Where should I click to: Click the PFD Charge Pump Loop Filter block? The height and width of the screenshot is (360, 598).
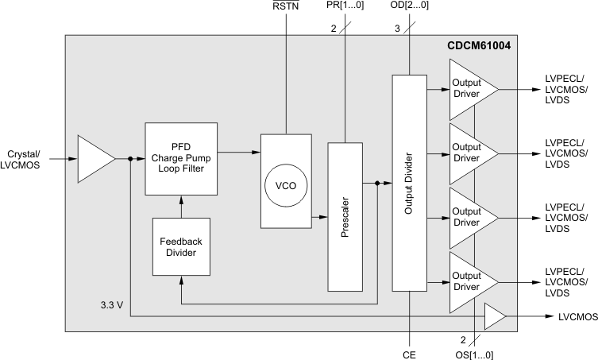coord(181,158)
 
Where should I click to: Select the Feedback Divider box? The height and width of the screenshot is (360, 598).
coord(181,246)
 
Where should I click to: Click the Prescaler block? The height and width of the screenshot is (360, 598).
coord(345,216)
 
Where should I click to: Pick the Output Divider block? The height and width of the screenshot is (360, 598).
coord(409,183)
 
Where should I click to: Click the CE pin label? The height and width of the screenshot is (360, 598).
coord(410,348)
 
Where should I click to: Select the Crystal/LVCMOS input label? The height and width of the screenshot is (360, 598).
coord(28,159)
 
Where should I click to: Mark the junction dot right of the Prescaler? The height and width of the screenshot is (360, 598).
coord(377,184)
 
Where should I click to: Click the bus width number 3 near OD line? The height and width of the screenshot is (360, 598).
coord(396,29)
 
